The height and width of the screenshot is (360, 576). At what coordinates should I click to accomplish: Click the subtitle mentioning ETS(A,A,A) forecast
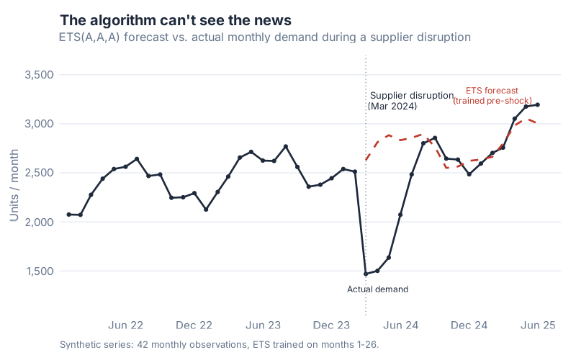coord(265,36)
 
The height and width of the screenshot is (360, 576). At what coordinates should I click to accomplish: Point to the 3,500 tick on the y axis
coord(40,75)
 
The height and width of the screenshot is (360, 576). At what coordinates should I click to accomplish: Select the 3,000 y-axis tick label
coord(40,124)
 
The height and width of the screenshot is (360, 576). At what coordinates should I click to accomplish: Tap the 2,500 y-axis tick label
coord(40,173)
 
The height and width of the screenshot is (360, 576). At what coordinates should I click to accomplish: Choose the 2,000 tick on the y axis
coord(40,222)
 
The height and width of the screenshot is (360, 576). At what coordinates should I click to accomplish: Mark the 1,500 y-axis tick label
coord(40,271)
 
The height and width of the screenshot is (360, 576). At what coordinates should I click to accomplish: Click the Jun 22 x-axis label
coord(126,325)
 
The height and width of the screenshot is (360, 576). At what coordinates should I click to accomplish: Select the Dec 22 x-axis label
coord(194,325)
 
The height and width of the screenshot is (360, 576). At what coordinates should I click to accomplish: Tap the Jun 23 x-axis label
coord(263,325)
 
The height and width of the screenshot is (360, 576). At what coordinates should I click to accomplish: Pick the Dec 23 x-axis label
coord(332,325)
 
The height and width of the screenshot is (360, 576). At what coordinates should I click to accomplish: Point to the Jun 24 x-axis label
coord(400,325)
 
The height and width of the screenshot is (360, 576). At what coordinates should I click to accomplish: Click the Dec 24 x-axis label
coord(469,325)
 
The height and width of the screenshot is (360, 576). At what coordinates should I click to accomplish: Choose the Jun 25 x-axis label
coord(538,325)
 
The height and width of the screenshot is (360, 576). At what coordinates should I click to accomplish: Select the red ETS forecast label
coord(492,96)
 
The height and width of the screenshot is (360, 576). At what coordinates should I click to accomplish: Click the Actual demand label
coord(377,289)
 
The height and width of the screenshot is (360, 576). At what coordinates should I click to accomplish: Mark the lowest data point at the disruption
coord(366,274)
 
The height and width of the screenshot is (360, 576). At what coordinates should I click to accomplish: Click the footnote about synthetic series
coord(220,345)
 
